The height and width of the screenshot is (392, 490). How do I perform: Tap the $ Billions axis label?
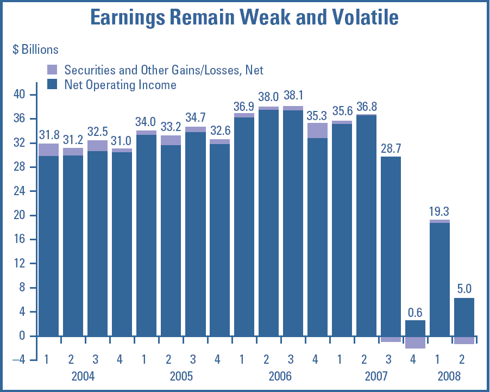coord(35,49)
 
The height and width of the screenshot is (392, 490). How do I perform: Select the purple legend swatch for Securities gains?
coord(52,70)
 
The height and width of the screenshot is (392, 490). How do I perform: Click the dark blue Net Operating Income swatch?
coord(52,84)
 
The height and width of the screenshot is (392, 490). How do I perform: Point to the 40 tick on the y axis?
coord(21,95)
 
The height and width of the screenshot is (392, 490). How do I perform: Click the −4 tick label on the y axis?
coord(18,360)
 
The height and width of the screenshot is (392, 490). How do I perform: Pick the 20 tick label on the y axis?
coord(21,216)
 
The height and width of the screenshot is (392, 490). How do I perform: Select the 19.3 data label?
coord(439,211)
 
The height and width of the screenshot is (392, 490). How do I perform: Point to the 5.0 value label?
coord(464,289)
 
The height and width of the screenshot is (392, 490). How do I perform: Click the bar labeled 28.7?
coord(391,245)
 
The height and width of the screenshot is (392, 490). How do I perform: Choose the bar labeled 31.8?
coord(48,245)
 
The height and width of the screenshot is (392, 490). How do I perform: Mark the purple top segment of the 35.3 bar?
coord(317,130)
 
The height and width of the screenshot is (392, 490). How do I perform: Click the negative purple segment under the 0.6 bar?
coord(415,342)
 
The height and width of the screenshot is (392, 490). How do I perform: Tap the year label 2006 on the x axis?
coord(280,376)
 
